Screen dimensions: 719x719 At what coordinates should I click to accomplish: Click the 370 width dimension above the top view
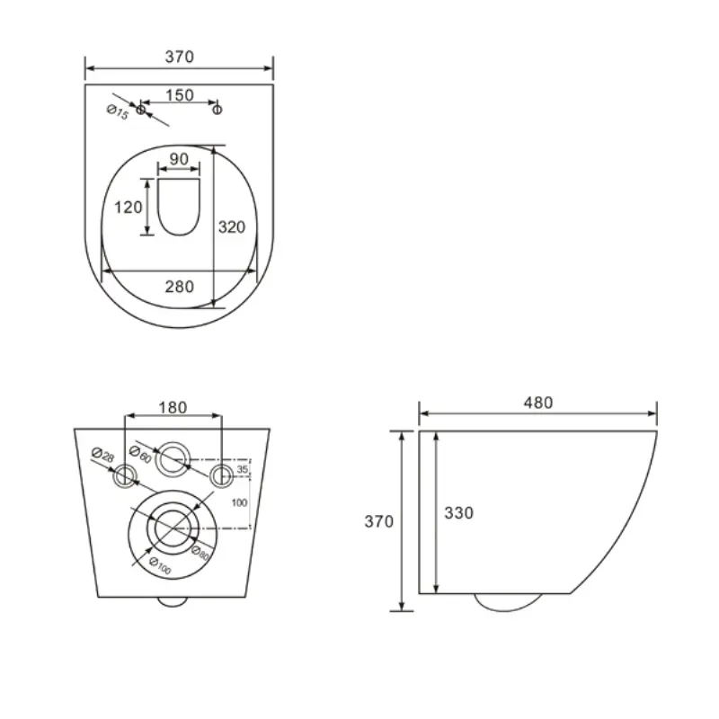[x=179, y=57]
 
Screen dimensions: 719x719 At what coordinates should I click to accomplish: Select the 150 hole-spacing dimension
[x=179, y=95]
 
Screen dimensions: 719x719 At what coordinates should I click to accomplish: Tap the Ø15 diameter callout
[x=118, y=111]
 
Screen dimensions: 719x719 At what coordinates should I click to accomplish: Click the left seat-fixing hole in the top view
[x=141, y=110]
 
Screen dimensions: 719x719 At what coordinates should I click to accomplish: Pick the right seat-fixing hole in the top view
[x=217, y=110]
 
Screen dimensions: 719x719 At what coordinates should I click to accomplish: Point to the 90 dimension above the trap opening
[x=179, y=159]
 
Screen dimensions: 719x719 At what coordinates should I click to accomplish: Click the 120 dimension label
[x=128, y=208]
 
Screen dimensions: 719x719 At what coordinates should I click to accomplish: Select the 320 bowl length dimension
[x=232, y=227]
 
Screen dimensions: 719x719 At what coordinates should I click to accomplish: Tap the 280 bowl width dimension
[x=179, y=287]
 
